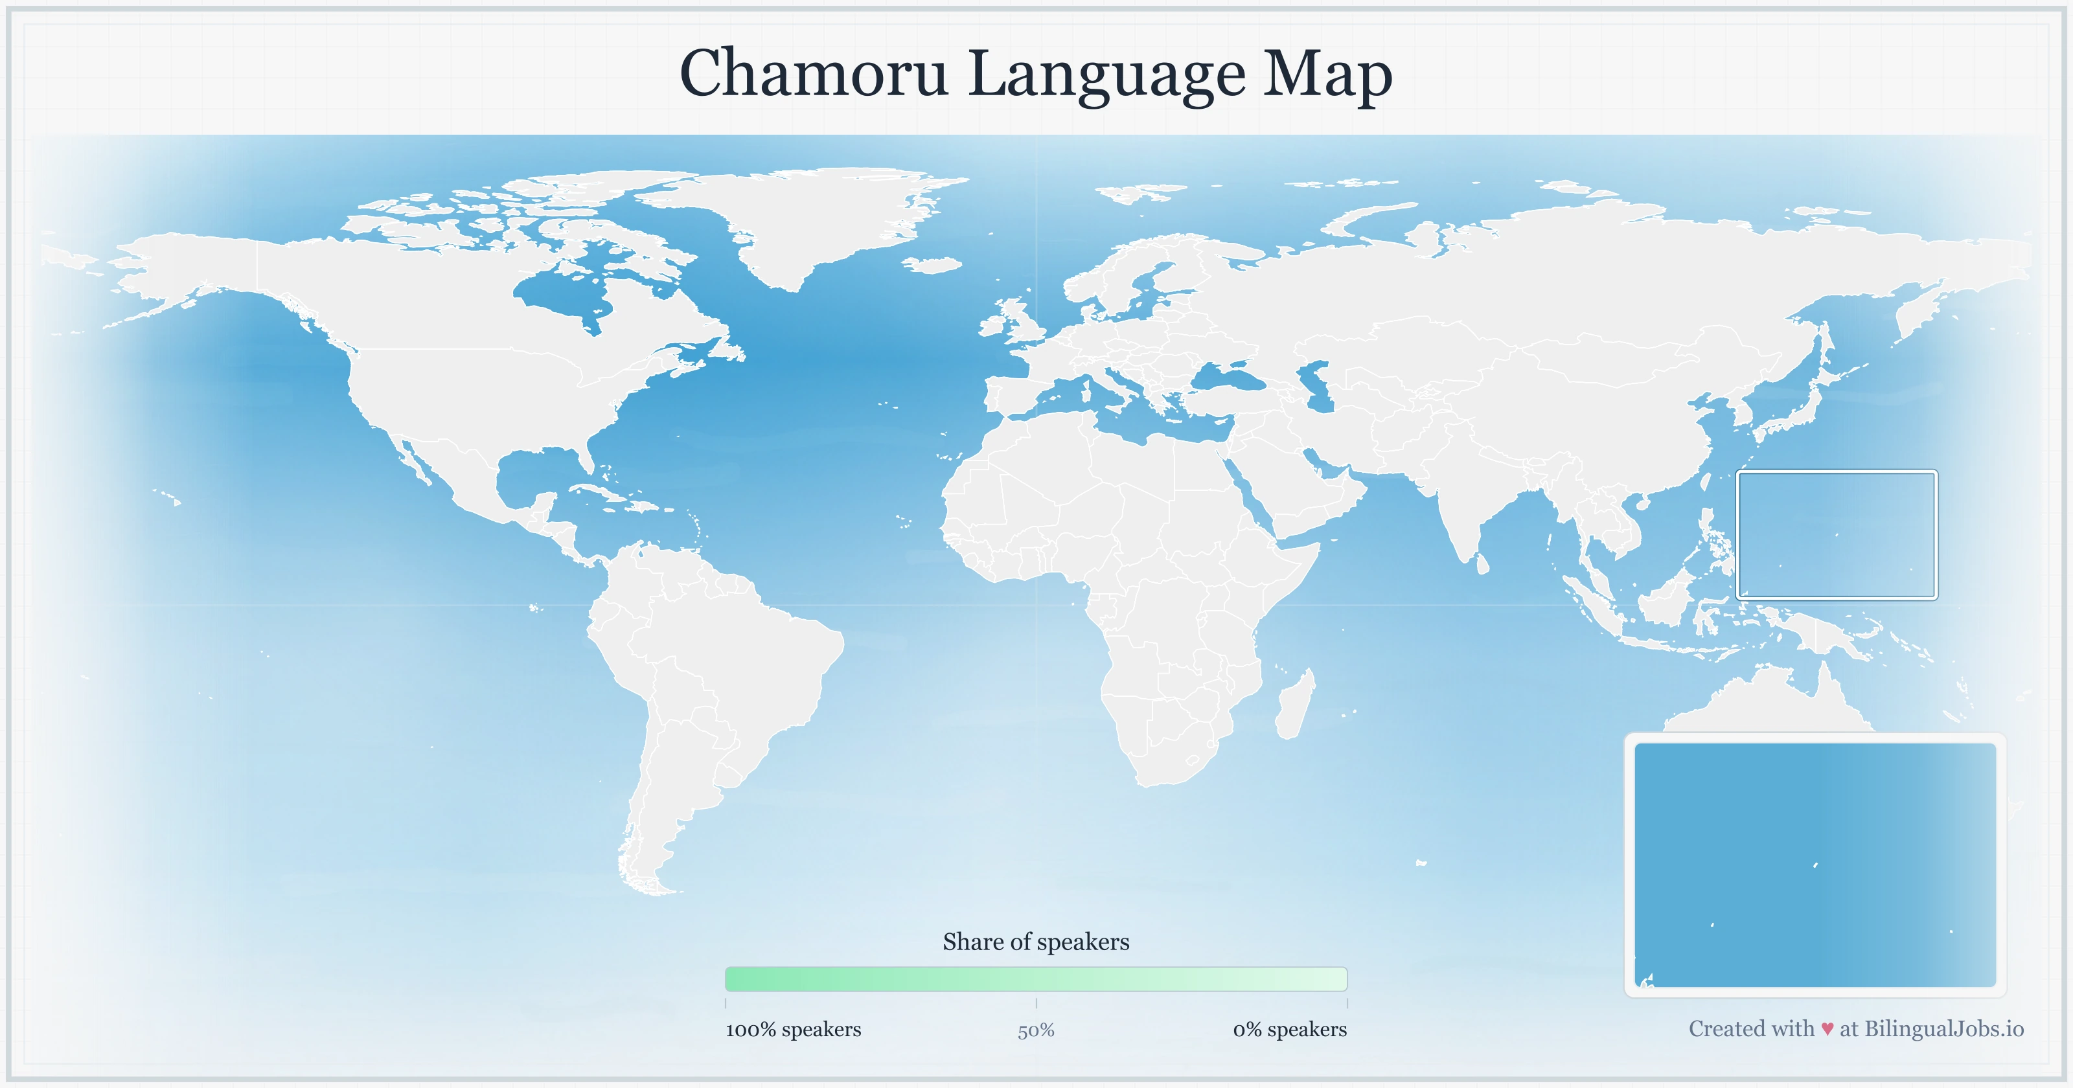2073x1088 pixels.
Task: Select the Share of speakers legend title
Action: (1036, 942)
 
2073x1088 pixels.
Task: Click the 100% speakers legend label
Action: (793, 1029)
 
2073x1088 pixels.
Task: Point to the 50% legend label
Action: (1036, 1031)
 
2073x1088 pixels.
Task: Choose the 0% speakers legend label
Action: (1289, 1029)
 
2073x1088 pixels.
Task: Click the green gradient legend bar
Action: (1036, 979)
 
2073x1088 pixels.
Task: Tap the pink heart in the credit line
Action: (1827, 1029)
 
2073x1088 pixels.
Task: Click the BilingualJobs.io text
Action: (1943, 1028)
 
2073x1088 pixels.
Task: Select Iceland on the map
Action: (933, 265)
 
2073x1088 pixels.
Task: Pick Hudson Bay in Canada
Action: (564, 294)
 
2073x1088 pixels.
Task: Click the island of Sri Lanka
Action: (1482, 563)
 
